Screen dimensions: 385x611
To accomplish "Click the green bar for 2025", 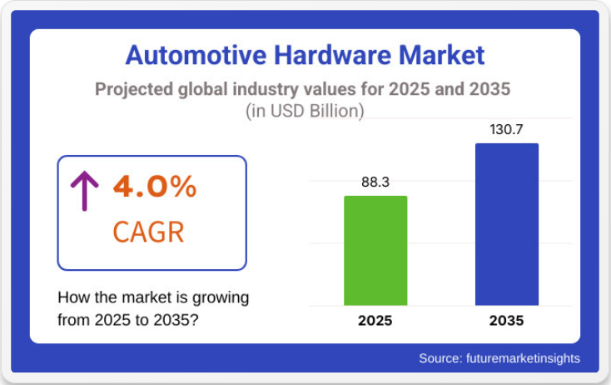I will pyautogui.click(x=375, y=250).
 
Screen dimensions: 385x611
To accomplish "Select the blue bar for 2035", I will pyautogui.click(x=506, y=224).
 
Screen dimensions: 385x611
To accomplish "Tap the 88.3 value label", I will pyautogui.click(x=375, y=182).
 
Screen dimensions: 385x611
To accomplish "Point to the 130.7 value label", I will pyautogui.click(x=506, y=129).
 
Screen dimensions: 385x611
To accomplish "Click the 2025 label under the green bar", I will pyautogui.click(x=375, y=320).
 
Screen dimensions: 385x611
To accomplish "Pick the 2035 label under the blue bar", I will pyautogui.click(x=506, y=320).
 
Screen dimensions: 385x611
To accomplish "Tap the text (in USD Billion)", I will pyautogui.click(x=305, y=110).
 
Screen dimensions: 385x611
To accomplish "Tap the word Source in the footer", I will pyautogui.click(x=440, y=358).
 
